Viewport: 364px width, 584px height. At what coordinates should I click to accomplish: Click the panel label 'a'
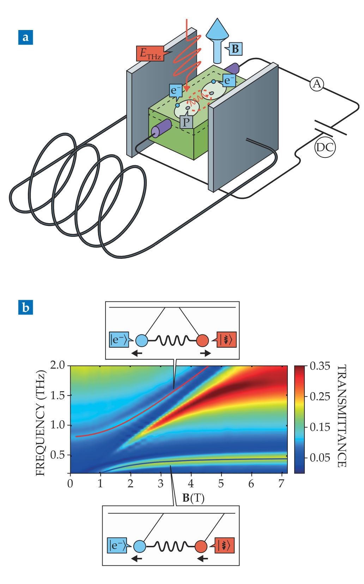click(25, 37)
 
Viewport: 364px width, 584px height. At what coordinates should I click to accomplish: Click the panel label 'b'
click(25, 307)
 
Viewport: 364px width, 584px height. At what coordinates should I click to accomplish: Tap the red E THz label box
click(150, 53)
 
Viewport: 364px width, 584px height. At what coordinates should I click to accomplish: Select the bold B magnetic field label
click(235, 48)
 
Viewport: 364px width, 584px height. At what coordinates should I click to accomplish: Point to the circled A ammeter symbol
click(317, 84)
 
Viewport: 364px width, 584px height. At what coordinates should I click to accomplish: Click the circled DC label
click(324, 147)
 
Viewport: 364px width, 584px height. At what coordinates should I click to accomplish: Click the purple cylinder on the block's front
click(162, 128)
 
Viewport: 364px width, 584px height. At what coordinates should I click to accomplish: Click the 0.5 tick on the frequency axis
click(59, 455)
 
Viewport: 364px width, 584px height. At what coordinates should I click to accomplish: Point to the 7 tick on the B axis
click(281, 482)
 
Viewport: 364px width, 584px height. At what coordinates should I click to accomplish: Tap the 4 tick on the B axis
click(191, 482)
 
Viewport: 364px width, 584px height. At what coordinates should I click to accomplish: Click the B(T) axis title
click(193, 498)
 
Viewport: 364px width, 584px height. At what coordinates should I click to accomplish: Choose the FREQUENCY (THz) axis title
click(41, 418)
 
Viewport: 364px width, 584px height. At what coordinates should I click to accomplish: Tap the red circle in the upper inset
click(203, 341)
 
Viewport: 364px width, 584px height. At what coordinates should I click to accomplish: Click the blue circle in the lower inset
click(140, 546)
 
